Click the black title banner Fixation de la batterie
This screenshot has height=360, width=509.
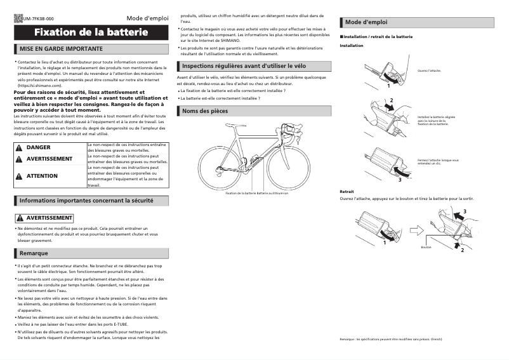coord(91,32)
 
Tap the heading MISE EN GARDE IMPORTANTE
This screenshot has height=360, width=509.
coord(61,49)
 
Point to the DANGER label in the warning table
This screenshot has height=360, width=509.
coord(38,147)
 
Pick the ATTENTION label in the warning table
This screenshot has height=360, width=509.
coord(42,176)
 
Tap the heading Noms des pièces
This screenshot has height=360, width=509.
coord(204,111)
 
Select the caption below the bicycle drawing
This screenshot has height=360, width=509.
coord(256,193)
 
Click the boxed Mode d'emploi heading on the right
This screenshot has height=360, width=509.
coord(366,22)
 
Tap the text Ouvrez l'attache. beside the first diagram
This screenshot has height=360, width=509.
coord(430,71)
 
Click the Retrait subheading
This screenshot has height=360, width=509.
coord(347,191)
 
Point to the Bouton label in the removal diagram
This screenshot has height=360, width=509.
coord(426,248)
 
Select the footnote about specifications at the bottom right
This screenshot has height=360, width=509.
coord(390,340)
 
